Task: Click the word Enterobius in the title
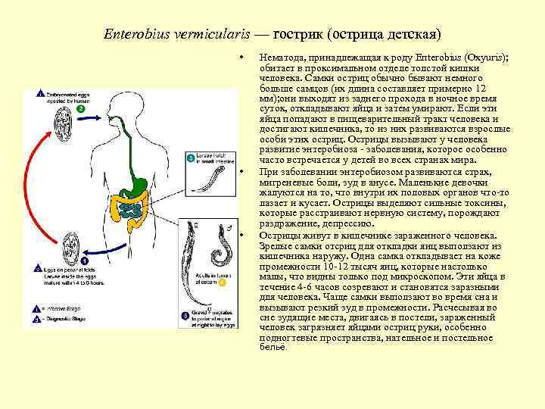pyautogui.click(x=132, y=35)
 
